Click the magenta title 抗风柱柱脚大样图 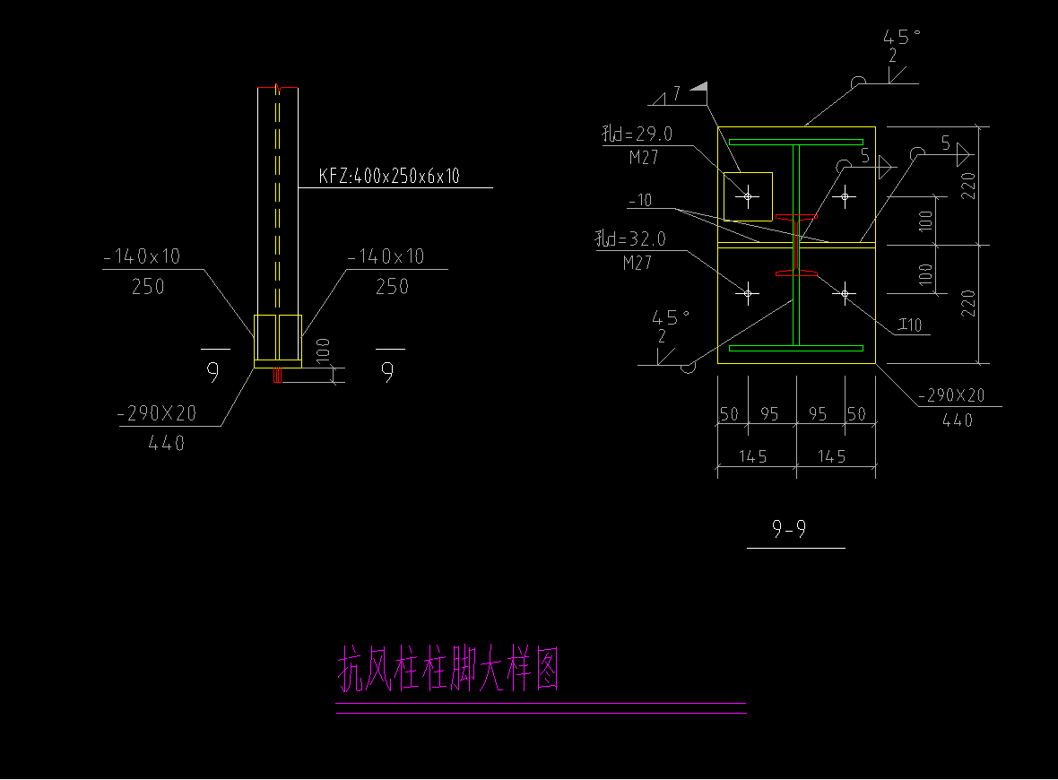(x=448, y=670)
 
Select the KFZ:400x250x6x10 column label (x=389, y=177)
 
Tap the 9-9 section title (x=789, y=531)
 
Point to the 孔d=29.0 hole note (x=638, y=135)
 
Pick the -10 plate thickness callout (x=640, y=201)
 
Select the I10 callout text (x=910, y=325)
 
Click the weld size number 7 (x=676, y=92)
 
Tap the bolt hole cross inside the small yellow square (x=747, y=195)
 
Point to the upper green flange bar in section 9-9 (x=796, y=142)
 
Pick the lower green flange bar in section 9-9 (x=796, y=348)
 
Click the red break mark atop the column (x=279, y=88)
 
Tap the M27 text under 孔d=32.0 (x=637, y=263)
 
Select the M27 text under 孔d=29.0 (x=642, y=159)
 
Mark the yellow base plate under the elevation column (x=278, y=364)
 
